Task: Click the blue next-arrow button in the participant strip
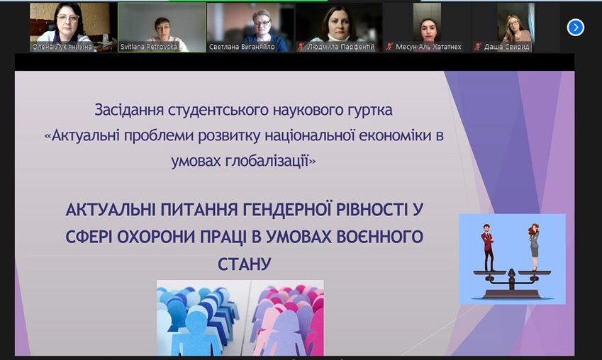[575, 28]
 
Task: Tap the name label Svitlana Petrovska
[149, 47]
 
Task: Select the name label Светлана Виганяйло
[242, 47]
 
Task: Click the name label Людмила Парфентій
[340, 47]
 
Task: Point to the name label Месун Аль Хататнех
[428, 47]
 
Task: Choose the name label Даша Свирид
[506, 47]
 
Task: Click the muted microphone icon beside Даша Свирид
[478, 47]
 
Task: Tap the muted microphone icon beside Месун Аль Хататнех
[389, 47]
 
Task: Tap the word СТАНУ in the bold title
[245, 264]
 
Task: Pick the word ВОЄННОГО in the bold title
[379, 237]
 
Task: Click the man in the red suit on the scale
[488, 248]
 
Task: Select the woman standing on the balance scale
[534, 247]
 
